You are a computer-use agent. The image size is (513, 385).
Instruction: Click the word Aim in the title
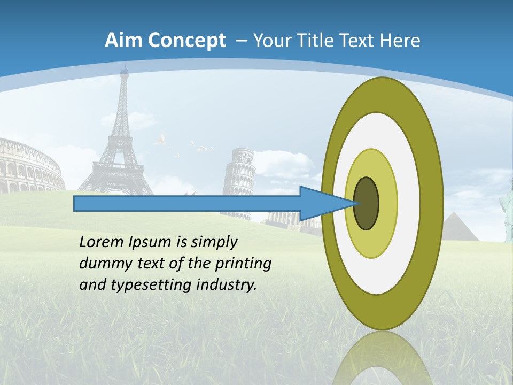pos(120,41)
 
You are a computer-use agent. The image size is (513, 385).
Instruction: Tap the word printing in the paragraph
pos(243,264)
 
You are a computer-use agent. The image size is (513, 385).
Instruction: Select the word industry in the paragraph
pos(227,285)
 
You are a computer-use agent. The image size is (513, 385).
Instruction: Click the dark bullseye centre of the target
pos(367,204)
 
